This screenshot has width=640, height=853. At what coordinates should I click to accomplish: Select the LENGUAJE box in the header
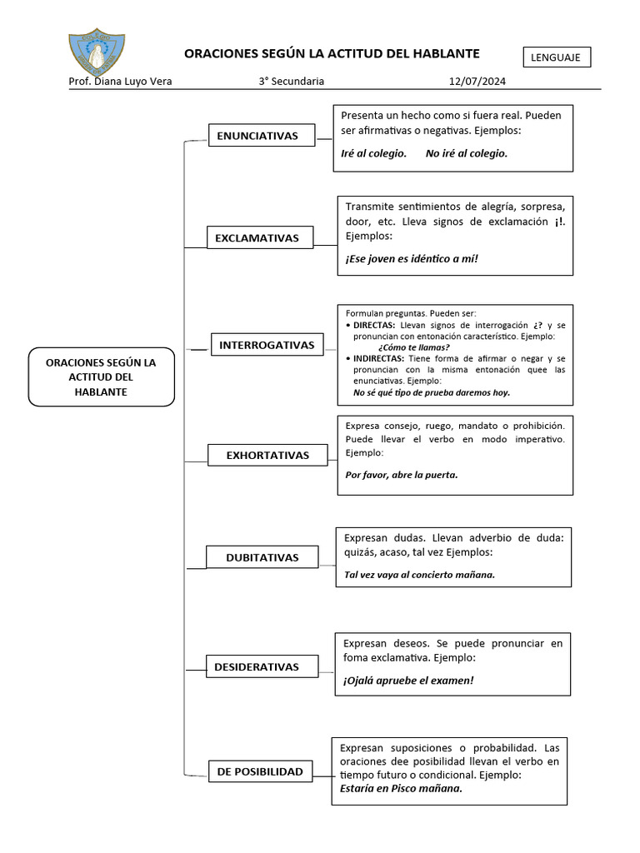point(557,57)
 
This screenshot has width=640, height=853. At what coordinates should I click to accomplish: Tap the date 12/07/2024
point(477,82)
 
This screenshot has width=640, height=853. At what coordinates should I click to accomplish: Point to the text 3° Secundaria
point(291,82)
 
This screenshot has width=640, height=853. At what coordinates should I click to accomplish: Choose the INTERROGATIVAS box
point(267,345)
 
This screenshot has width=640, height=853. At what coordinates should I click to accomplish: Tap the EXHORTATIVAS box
point(267,455)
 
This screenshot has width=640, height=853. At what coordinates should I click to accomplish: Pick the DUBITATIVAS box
point(262,557)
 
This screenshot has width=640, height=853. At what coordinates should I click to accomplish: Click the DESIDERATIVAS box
point(256,666)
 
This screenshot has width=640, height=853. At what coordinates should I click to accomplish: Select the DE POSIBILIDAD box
point(260,771)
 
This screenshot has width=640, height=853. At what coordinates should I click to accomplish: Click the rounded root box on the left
point(101,377)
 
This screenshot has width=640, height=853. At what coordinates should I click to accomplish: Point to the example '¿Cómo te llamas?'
point(413,347)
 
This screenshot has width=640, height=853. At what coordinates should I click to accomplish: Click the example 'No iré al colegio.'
point(466,153)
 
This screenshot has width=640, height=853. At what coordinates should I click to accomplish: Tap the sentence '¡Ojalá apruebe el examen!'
point(407,681)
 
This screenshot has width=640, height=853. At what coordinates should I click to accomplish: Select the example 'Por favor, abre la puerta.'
point(401,475)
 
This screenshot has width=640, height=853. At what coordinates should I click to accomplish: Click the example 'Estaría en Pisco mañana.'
point(396,788)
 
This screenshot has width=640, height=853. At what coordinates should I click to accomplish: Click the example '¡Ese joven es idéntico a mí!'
point(412,258)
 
